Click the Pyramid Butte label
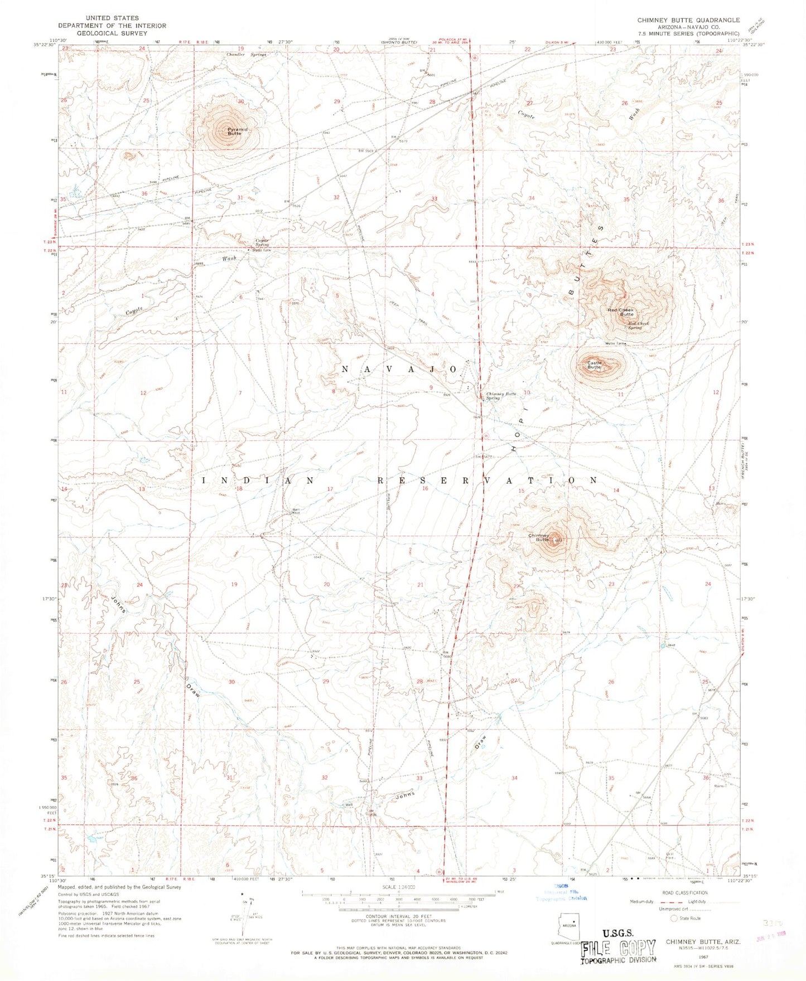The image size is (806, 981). coord(234,132)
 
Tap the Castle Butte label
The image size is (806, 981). coord(594,365)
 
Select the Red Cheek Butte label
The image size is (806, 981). coord(621,312)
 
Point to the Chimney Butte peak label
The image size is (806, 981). coord(539,537)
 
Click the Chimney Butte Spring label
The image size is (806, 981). coord(500,396)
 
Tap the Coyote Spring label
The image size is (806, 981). coord(262,242)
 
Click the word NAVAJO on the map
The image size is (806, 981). coord(399,370)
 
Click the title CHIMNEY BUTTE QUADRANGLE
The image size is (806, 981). coord(688,20)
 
